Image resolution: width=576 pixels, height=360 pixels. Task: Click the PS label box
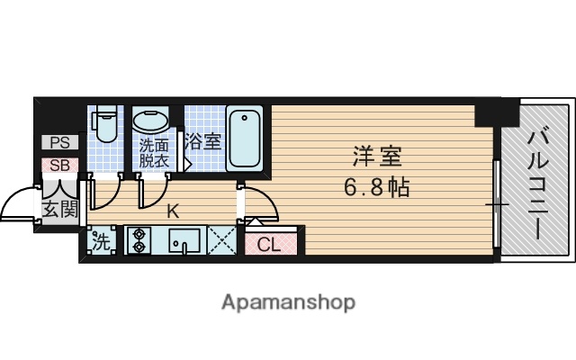pyautogui.click(x=59, y=142)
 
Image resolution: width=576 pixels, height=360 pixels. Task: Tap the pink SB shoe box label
pyautogui.click(x=59, y=165)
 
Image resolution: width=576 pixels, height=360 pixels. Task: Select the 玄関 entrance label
pyautogui.click(x=59, y=211)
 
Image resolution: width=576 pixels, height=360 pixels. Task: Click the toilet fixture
pyautogui.click(x=105, y=125)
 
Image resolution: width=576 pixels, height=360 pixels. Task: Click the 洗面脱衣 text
pyautogui.click(x=153, y=153)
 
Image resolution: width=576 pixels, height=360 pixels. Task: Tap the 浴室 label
pyautogui.click(x=203, y=141)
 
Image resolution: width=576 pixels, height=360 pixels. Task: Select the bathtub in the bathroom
pyautogui.click(x=244, y=138)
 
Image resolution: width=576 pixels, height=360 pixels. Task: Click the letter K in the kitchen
pyautogui.click(x=173, y=212)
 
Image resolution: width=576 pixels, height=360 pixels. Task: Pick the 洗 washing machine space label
pyautogui.click(x=101, y=241)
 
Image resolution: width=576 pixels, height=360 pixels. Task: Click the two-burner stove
pyautogui.click(x=139, y=240)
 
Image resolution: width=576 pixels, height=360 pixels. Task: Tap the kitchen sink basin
pyautogui.click(x=185, y=240)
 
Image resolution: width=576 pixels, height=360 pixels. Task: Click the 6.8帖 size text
pyautogui.click(x=376, y=187)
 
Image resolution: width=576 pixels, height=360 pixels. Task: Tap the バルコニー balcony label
pyautogui.click(x=538, y=184)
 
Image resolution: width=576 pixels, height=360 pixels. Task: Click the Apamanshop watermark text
pyautogui.click(x=288, y=301)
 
